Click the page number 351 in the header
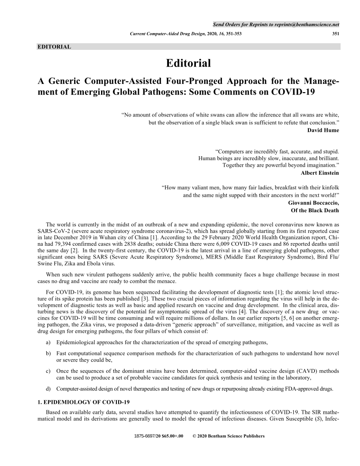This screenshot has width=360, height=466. coord(335,34)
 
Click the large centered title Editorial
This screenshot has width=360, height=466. coord(188,63)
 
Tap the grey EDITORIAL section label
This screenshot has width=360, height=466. coord(55,46)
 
